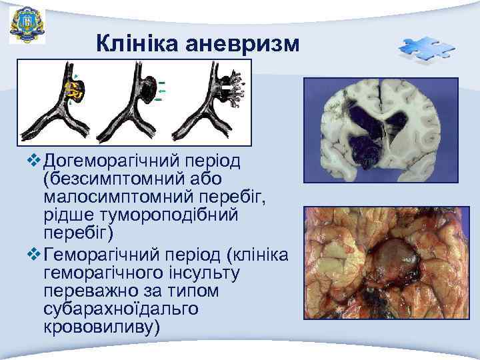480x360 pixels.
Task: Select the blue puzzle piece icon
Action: click(x=426, y=50)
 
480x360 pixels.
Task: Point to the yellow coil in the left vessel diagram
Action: click(x=75, y=93)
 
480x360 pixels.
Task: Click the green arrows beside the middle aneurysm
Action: click(x=161, y=91)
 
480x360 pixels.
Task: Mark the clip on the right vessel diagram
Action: click(x=228, y=87)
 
